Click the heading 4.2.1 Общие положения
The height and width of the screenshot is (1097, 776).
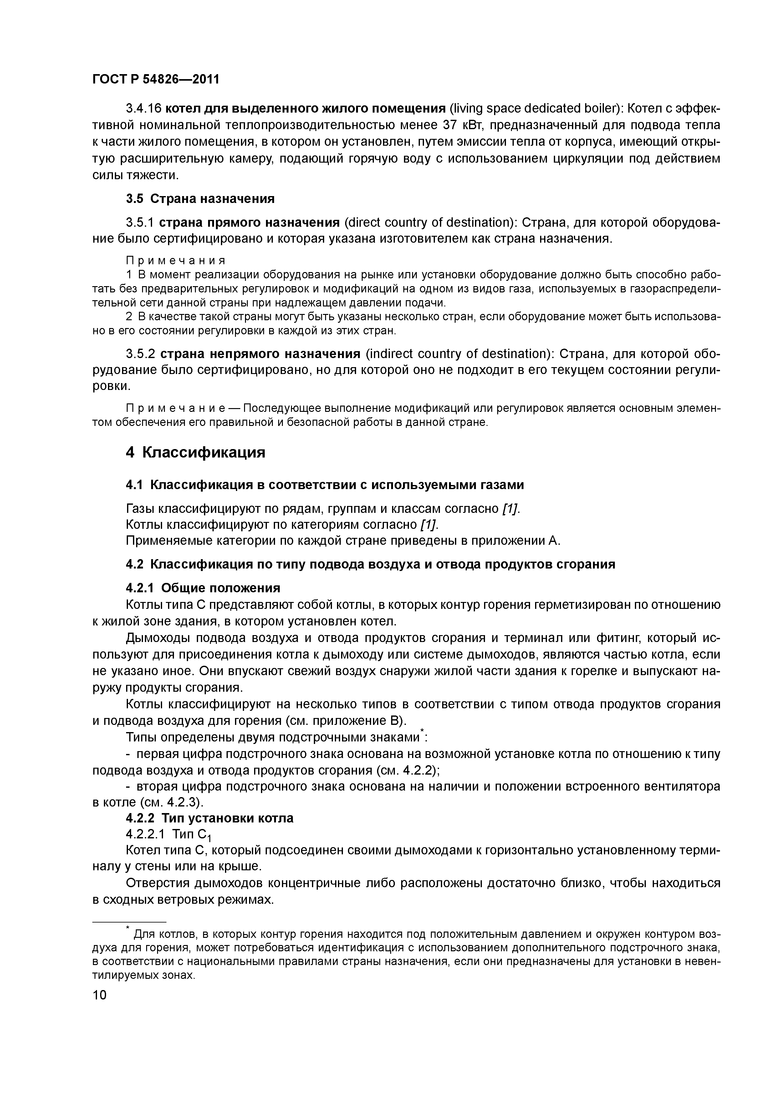tap(203, 588)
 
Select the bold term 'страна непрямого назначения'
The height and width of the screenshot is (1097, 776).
tap(260, 354)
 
